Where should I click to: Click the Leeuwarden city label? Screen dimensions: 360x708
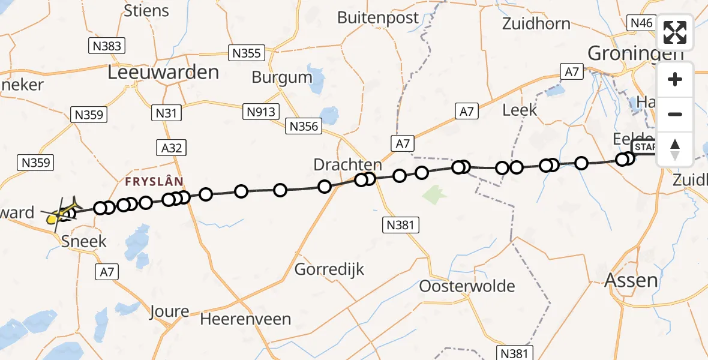point(163,73)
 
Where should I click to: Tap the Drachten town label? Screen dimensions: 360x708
point(347,164)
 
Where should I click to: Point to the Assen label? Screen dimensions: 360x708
point(631,280)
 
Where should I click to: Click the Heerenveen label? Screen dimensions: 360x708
point(245,319)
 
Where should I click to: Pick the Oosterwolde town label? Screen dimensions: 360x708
point(467,286)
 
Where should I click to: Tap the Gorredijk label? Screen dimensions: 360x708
point(329,269)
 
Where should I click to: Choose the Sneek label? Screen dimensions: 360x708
point(85,241)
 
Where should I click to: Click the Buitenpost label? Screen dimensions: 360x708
point(378,17)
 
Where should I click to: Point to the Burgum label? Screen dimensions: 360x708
point(282,77)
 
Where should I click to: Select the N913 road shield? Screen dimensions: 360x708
point(260,111)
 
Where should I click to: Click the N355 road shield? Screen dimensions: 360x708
point(247,53)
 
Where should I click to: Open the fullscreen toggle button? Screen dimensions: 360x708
point(675,32)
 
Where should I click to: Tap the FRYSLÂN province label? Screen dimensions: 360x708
point(154,181)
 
